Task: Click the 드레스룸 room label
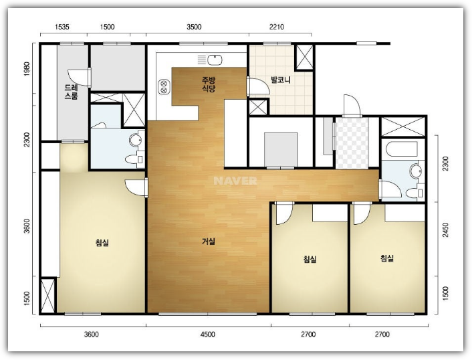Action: click(71, 92)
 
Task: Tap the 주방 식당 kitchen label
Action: click(209, 84)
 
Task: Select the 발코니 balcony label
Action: click(281, 80)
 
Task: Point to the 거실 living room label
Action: click(209, 242)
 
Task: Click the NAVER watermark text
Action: click(235, 181)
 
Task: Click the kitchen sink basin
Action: click(215, 60)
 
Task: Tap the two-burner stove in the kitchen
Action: click(163, 87)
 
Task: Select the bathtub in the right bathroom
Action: click(402, 149)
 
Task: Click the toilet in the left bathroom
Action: click(134, 159)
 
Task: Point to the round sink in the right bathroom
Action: click(415, 171)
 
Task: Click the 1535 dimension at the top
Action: click(62, 27)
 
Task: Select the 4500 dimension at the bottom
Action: click(208, 335)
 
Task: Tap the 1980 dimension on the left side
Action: click(27, 69)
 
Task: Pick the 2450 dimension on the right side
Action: click(445, 230)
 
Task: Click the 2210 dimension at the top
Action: click(277, 27)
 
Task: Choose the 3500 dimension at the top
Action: click(194, 27)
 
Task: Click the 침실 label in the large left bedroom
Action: click(102, 242)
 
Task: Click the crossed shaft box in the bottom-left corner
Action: click(47, 296)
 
